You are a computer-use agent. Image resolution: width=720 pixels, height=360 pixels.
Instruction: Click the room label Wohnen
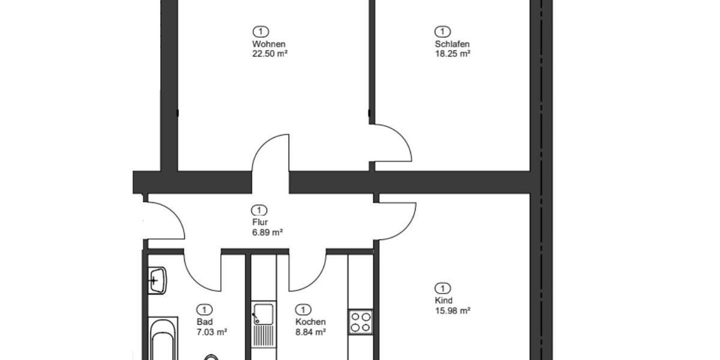point(268,44)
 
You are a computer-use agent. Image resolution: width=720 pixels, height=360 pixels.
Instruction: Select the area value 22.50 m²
point(270,53)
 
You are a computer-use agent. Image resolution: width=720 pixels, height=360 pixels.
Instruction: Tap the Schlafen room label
point(452,44)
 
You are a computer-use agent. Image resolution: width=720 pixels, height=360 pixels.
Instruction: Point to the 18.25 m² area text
point(452,53)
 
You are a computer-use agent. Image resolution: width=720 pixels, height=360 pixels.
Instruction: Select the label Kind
point(443,301)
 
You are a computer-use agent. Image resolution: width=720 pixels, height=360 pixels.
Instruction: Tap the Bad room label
point(205,322)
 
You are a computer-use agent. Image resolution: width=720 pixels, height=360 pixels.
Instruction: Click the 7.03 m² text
point(212,332)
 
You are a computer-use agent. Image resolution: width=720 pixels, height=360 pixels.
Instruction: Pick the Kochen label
point(310,322)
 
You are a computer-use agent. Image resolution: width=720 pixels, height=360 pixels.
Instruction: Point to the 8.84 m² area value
point(310,332)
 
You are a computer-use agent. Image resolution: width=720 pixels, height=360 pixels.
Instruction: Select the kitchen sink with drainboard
point(263,325)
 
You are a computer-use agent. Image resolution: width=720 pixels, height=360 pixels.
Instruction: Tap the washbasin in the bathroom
point(158,280)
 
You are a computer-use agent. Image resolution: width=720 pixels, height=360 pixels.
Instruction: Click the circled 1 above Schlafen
point(442,31)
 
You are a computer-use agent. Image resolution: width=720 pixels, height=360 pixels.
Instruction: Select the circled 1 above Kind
point(442,288)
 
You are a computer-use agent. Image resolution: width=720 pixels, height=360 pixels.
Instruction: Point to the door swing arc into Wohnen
point(270,153)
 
